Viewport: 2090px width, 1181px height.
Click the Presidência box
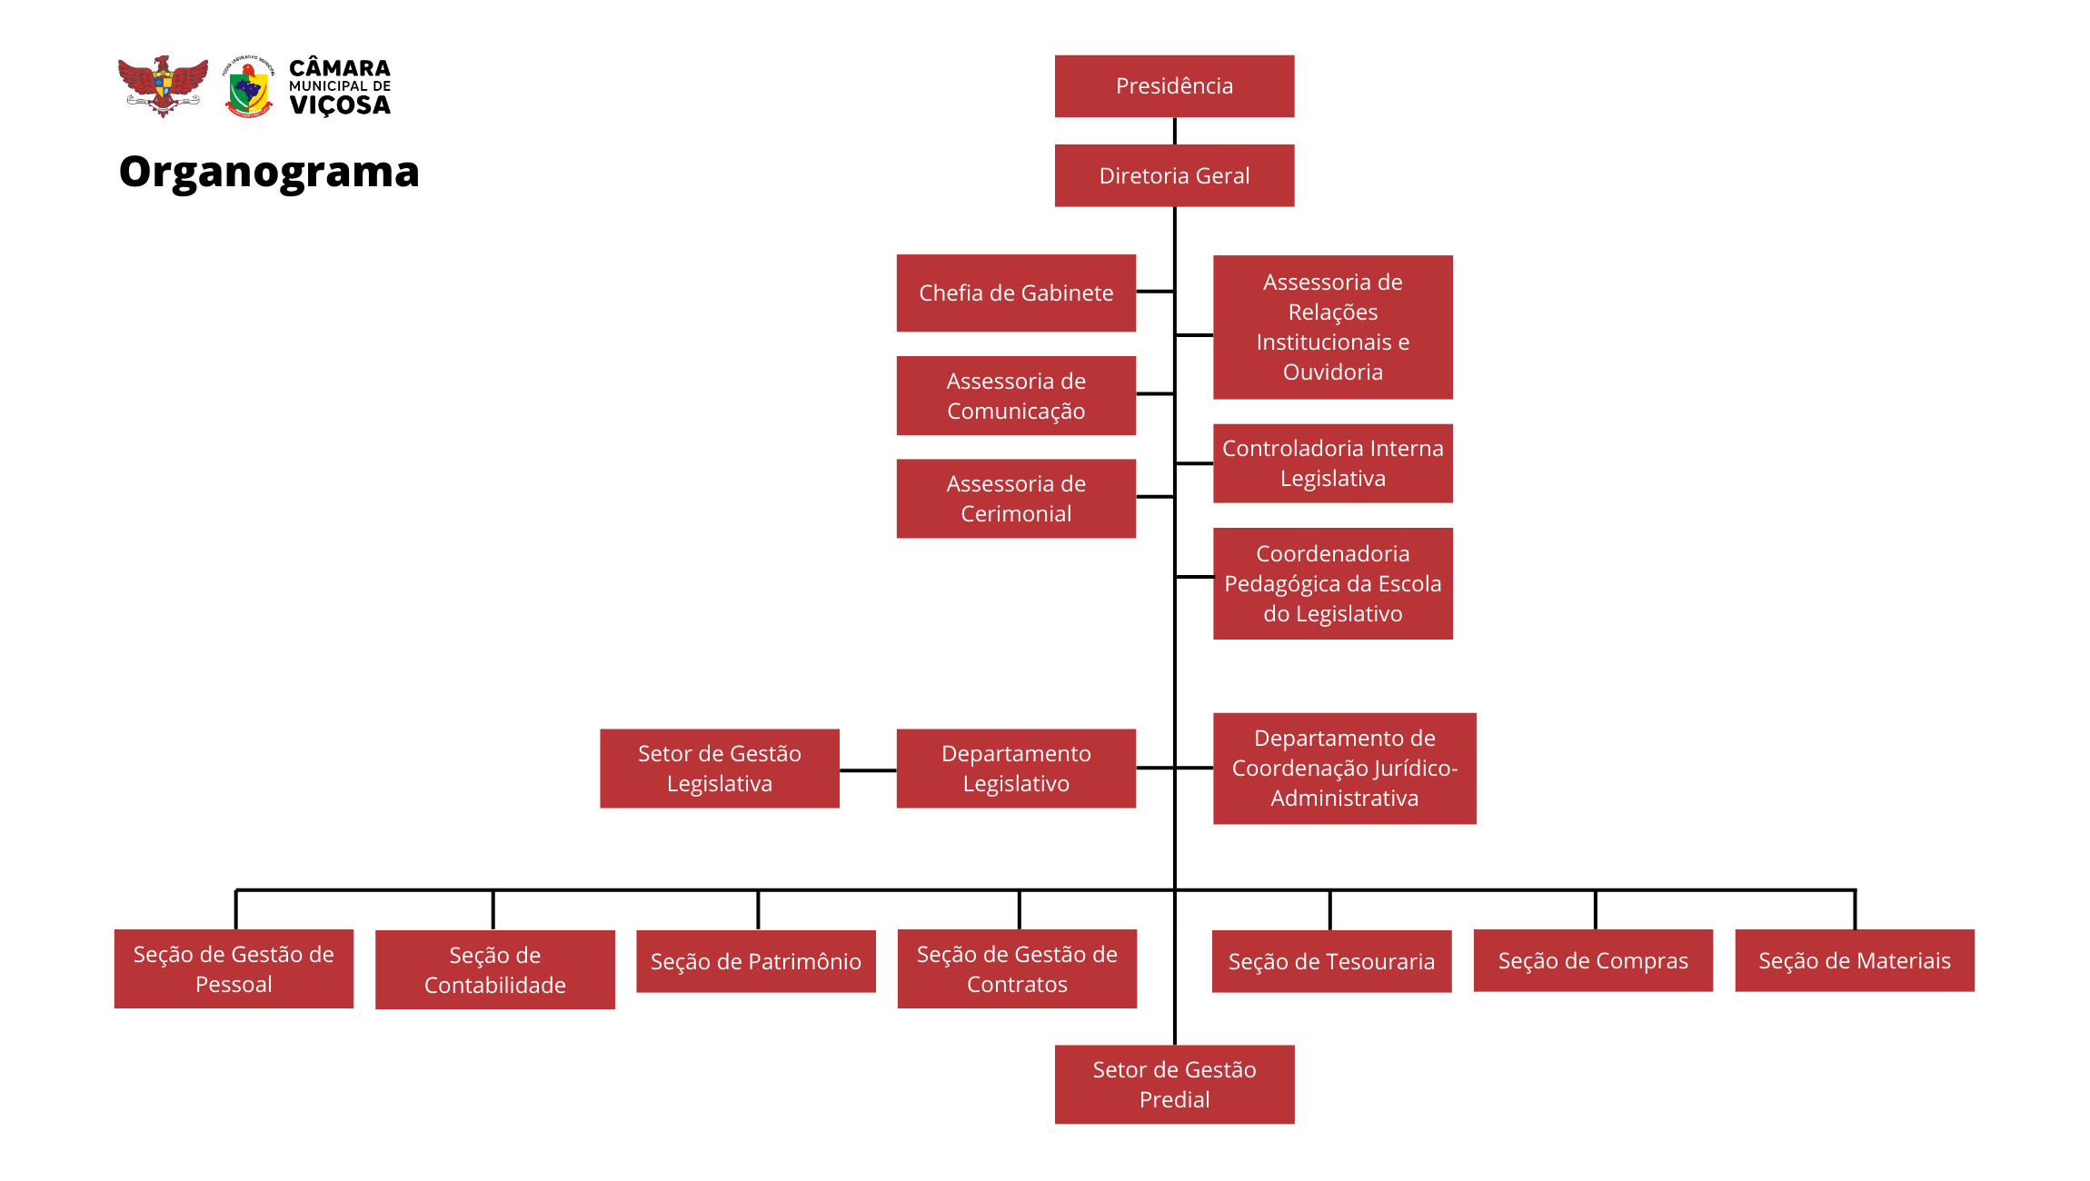(x=1174, y=86)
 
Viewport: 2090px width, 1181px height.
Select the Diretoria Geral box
(x=1174, y=175)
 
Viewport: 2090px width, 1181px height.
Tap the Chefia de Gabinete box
(x=1016, y=293)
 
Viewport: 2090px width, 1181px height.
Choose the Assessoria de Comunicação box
(x=1016, y=395)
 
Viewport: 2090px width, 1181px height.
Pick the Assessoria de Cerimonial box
(x=1016, y=498)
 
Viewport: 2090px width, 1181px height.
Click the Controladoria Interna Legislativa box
(x=1332, y=463)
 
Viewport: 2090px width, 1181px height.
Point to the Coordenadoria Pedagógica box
(x=1332, y=583)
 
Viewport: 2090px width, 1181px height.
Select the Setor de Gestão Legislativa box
(x=719, y=769)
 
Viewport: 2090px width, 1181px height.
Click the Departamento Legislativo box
(x=1016, y=769)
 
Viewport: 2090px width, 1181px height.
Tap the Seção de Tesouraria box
(x=1331, y=961)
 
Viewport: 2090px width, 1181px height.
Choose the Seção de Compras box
(x=1593, y=960)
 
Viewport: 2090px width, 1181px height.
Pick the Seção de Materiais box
(x=1854, y=960)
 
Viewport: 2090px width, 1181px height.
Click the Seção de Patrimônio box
(x=755, y=961)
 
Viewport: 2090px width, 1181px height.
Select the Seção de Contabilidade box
(x=494, y=969)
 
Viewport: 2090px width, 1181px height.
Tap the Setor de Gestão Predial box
(x=1174, y=1084)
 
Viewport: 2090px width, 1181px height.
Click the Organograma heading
(x=269, y=172)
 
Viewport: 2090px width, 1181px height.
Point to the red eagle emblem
(x=163, y=86)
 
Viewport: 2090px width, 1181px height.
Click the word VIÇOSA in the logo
(x=340, y=105)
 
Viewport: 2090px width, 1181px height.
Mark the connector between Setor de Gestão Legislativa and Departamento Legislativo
(x=868, y=770)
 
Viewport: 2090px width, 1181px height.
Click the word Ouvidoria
(x=1332, y=372)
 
